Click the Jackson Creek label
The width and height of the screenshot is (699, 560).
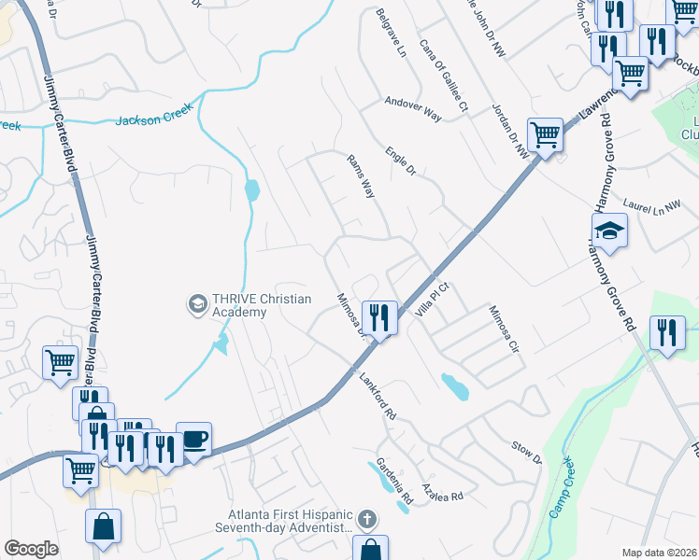tap(154, 115)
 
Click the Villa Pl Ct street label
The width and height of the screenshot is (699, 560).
tap(434, 299)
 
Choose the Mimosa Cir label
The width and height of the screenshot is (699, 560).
tap(503, 332)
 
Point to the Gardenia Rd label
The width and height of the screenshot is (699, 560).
tap(395, 483)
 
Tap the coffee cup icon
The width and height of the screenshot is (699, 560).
tap(193, 440)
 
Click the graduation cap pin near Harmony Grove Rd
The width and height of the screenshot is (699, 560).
tap(609, 230)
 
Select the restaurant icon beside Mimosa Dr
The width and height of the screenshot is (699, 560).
tap(380, 317)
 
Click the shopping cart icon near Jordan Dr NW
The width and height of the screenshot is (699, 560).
tap(545, 135)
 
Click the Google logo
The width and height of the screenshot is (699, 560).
tap(31, 548)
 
